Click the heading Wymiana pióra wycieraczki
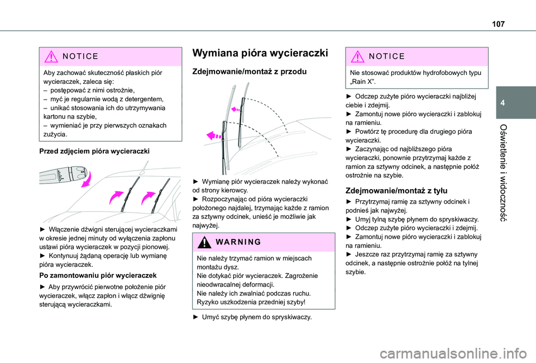pos(260,54)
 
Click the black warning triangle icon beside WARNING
pos(204,242)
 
